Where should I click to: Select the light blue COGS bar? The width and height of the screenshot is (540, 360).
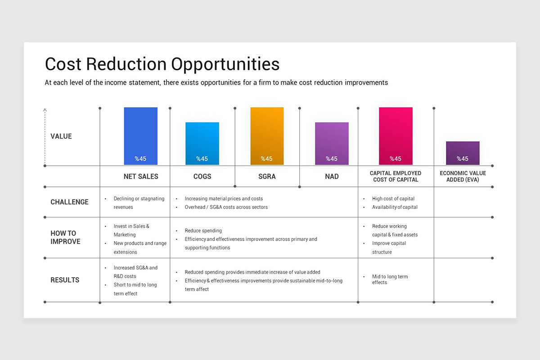coord(202,143)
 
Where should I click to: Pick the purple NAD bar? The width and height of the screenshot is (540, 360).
coord(332,143)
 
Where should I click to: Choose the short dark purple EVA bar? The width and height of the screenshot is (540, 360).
coord(463,153)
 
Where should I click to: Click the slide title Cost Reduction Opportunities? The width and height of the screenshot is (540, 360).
coord(162,64)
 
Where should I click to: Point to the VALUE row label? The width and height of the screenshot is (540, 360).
coord(61,136)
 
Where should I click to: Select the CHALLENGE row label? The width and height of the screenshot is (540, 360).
coord(69,202)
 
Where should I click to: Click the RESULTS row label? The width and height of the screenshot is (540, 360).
coord(65,280)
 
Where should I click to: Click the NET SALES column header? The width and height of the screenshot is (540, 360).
coord(141,176)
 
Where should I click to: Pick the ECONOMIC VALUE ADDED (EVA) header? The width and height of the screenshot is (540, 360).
coord(463,176)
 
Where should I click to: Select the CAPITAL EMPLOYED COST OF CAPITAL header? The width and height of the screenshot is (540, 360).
coord(395,176)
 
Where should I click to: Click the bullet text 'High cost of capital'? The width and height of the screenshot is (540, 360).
coord(393,198)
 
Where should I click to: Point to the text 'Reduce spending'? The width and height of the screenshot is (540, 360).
coord(203,230)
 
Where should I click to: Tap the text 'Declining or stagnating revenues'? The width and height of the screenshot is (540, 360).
coord(139,203)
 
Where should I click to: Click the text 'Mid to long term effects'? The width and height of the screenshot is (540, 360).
coord(390,279)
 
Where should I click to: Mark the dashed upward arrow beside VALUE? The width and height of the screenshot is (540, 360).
coord(45,136)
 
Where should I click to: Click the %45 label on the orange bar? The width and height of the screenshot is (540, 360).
coord(267,158)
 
